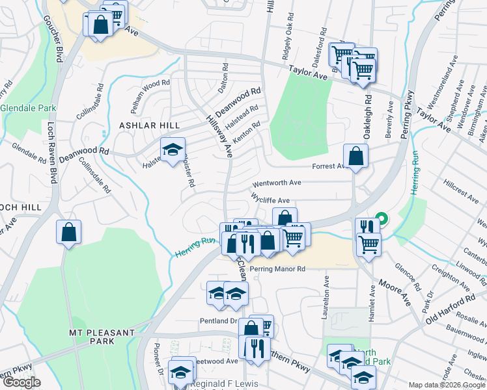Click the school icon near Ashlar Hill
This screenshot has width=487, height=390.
pyautogui.click(x=173, y=150)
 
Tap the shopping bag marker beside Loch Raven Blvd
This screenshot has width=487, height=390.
pyautogui.click(x=69, y=233)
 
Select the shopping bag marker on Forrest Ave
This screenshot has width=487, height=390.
pyautogui.click(x=356, y=157)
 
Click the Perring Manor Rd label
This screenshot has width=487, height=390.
pyautogui.click(x=278, y=268)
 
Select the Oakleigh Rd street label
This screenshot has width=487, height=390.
pyautogui.click(x=368, y=109)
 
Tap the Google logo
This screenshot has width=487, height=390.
pyautogui.click(x=22, y=382)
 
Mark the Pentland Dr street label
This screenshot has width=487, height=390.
pyautogui.click(x=218, y=321)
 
